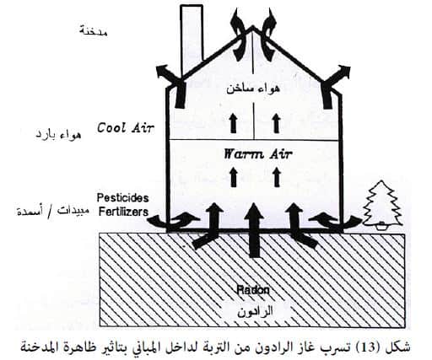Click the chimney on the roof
pos(192,40)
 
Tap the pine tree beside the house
pos(381,204)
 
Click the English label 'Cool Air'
pos(126,128)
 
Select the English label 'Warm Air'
pos(257,153)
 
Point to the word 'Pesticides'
pos(122,198)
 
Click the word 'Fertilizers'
pos(123,212)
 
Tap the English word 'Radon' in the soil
pos(253,290)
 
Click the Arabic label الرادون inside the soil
pos(255,311)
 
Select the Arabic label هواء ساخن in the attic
pos(253,89)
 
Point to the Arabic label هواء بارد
pos(58,134)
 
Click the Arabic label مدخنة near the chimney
pos(93,30)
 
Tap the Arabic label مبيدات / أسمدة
pos(53,212)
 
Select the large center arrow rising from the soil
pos(254,229)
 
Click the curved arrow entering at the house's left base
pos(174,220)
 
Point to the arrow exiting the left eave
pos(172,85)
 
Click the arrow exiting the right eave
pos(335,85)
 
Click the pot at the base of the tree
pos(381,226)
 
